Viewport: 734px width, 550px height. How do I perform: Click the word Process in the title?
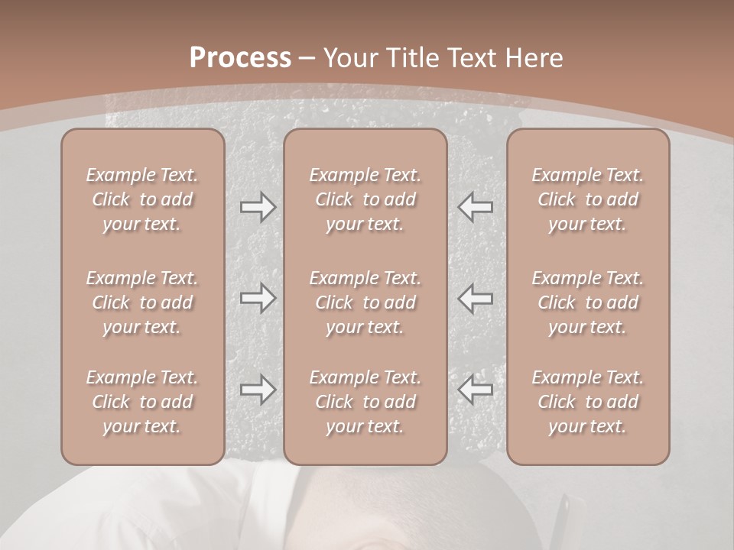pos(240,58)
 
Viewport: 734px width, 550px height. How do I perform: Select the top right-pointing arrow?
pos(258,207)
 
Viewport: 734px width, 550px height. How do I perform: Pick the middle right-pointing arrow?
pos(258,298)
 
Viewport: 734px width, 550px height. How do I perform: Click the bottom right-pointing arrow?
pos(258,390)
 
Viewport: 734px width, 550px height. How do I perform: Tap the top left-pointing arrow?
pos(476,207)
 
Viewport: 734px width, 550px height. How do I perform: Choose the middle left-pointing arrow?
pos(476,298)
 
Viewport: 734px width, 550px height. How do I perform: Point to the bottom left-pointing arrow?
pos(476,390)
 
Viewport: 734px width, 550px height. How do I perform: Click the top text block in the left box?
pos(142,199)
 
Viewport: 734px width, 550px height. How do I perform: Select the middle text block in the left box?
pos(142,302)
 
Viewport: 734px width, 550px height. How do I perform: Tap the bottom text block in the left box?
pos(142,402)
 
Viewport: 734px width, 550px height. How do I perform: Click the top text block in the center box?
pos(365,199)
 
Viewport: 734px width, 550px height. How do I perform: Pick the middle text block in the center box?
pos(365,302)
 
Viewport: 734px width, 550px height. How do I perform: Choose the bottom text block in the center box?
pos(365,402)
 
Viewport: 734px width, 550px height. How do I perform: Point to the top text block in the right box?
pos(588,199)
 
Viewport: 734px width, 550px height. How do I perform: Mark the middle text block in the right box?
pos(588,302)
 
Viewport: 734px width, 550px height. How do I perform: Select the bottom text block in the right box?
pos(588,402)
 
